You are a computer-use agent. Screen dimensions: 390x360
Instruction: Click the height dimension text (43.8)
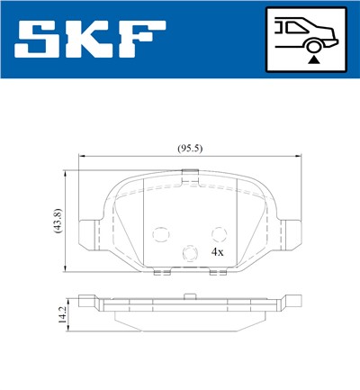coord(57,221)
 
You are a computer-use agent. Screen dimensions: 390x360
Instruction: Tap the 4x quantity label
coord(217,253)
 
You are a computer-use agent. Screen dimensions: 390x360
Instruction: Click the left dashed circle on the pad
coord(160,235)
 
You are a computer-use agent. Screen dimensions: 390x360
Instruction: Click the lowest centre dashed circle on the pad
coord(189,254)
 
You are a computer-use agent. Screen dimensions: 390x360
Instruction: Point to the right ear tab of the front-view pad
coord(288,235)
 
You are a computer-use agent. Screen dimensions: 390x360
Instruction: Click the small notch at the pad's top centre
coord(188,182)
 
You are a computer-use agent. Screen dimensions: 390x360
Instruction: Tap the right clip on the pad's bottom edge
coord(217,273)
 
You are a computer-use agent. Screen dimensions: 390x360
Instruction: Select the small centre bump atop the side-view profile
coord(188,294)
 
